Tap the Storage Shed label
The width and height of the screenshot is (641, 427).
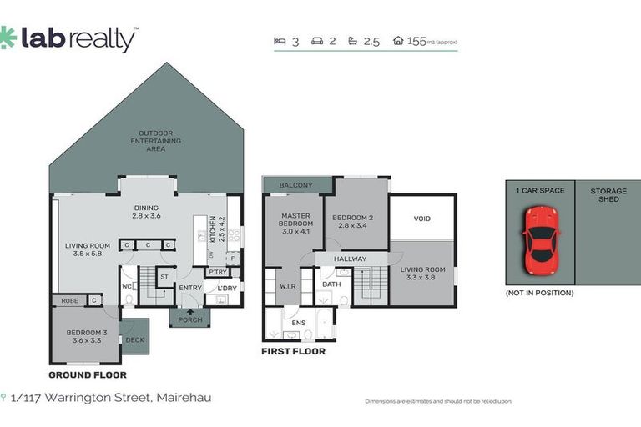pos(608,195)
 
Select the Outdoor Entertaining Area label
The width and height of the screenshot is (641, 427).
pos(148,141)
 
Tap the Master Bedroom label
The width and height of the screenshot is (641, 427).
pos(296,219)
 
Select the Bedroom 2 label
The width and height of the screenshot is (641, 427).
pos(356,220)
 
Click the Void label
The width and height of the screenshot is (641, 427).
pos(422,219)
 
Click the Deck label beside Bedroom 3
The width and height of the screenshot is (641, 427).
pos(134,339)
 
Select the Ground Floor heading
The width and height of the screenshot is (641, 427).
pos(87,375)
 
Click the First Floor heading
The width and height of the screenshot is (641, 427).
pos(294,351)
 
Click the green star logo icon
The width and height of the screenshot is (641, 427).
pos(8,37)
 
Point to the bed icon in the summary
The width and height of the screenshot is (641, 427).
pos(280,40)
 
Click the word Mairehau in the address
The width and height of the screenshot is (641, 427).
pos(184,398)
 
